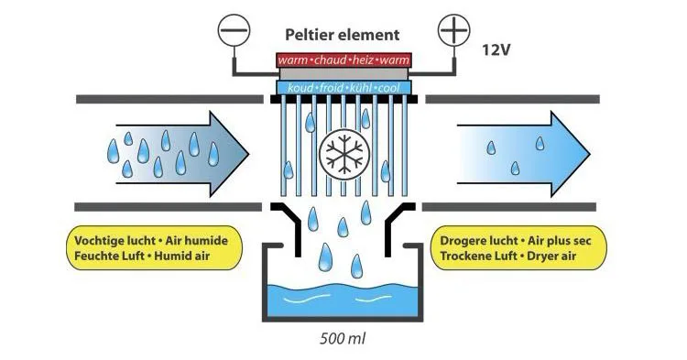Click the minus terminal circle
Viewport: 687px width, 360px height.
tap(234, 30)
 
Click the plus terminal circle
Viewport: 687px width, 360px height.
tap(454, 30)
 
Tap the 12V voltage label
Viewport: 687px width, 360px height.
tap(496, 50)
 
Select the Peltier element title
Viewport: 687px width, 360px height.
tap(343, 35)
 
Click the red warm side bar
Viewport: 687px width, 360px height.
tap(343, 60)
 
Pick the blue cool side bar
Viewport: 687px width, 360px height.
tap(343, 88)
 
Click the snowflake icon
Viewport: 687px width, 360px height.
tap(343, 154)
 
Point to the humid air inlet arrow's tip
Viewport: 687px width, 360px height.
tap(249, 154)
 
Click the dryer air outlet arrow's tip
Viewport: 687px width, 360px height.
tap(590, 154)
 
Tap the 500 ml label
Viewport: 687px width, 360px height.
tap(343, 339)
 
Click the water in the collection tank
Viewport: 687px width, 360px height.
tap(343, 300)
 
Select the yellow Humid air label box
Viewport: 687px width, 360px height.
tap(154, 248)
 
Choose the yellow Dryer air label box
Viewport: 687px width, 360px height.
tap(518, 248)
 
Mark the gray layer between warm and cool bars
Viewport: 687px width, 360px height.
tap(343, 73)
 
